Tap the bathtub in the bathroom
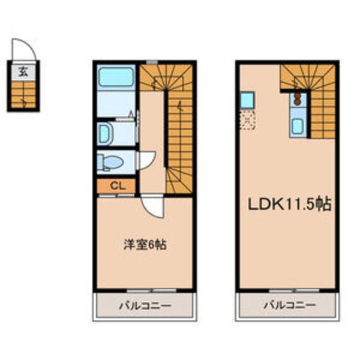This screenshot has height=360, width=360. [x=116, y=76]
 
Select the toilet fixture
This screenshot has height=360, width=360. [x=112, y=161]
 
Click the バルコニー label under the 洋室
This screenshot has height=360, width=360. [x=145, y=305]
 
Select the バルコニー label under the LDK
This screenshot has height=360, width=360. [x=289, y=305]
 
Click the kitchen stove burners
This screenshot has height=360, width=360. [x=296, y=98]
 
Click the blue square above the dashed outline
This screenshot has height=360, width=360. [x=247, y=100]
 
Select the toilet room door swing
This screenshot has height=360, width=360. [x=146, y=160]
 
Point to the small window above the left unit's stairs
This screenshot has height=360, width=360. [x=152, y=61]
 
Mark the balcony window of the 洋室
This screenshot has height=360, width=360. [x=144, y=290]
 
